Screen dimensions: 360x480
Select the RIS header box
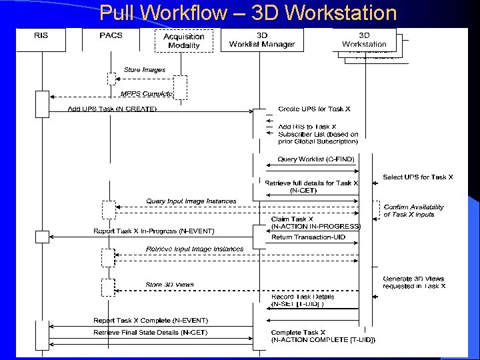[42, 35]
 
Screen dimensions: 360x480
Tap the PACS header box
[111, 35]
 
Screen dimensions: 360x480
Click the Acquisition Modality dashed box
[184, 41]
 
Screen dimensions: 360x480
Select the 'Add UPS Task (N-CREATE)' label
[113, 109]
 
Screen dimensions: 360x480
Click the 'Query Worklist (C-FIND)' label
[316, 159]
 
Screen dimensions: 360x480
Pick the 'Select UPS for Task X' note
[417, 177]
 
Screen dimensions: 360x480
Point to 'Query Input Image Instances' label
[191, 201]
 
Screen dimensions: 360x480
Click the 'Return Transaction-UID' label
[308, 237]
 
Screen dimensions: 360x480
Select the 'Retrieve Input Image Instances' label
[195, 249]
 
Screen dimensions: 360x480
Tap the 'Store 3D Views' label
[169, 285]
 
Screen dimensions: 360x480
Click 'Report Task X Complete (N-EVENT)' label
[139, 320]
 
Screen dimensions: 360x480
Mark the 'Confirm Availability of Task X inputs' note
[414, 211]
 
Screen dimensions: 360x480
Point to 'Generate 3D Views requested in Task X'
[413, 282]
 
